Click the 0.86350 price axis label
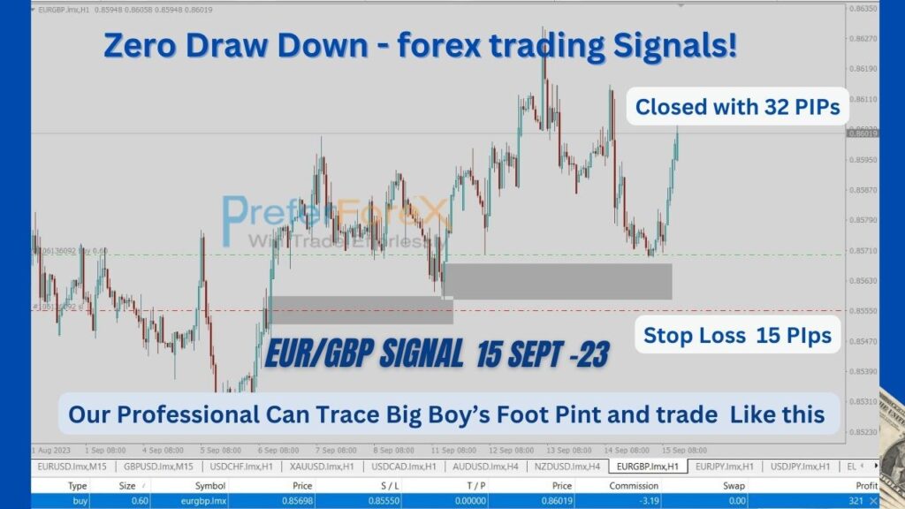[x=863, y=9]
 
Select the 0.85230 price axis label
[x=863, y=431]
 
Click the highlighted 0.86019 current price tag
[x=863, y=133]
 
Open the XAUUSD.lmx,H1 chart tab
[x=318, y=466]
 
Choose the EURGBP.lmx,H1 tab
[x=648, y=466]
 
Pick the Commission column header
[x=634, y=485]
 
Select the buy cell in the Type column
[x=78, y=500]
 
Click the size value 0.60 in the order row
[x=128, y=500]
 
